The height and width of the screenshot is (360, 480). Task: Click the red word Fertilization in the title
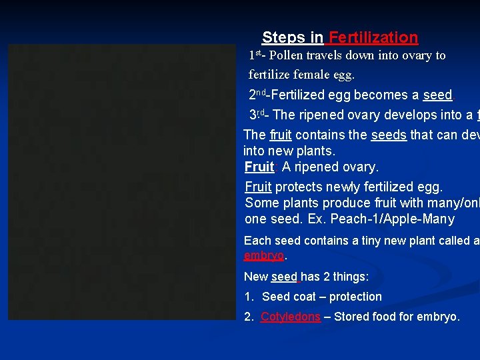[x=373, y=38]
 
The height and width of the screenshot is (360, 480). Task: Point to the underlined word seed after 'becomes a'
[x=437, y=95]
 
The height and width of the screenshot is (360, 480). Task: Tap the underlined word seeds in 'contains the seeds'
[x=388, y=135]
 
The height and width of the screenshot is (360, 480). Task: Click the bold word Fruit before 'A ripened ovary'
[x=259, y=167]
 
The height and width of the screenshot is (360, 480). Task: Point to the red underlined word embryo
[x=264, y=256]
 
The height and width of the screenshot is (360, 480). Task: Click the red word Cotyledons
[x=290, y=317]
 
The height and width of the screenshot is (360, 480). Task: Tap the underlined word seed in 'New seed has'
[x=285, y=277]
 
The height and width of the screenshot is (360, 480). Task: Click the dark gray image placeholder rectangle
[x=123, y=182]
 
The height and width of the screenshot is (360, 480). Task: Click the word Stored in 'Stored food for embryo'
[x=353, y=317]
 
